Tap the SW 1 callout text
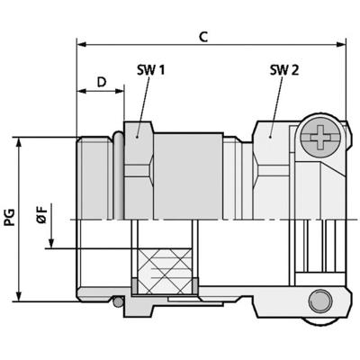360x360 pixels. click(150, 69)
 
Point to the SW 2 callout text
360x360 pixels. click(283, 69)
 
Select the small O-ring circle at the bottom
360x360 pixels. click(117, 302)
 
